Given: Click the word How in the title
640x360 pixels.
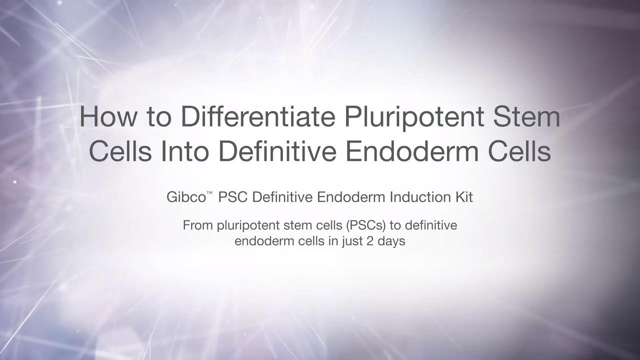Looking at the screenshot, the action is point(107,116).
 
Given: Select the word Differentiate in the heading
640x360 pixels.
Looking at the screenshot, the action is point(258,116).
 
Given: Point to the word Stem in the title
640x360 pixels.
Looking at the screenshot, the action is point(526,116).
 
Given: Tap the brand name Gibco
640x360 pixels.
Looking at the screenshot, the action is point(186,197).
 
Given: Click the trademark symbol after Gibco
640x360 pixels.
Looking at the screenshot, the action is point(209,193).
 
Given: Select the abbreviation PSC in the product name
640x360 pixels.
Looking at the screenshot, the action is point(233,197).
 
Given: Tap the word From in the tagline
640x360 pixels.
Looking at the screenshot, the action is point(197,225).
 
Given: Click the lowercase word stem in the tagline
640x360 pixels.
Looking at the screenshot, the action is point(297,225).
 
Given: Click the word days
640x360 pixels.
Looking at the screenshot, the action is point(391,241).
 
